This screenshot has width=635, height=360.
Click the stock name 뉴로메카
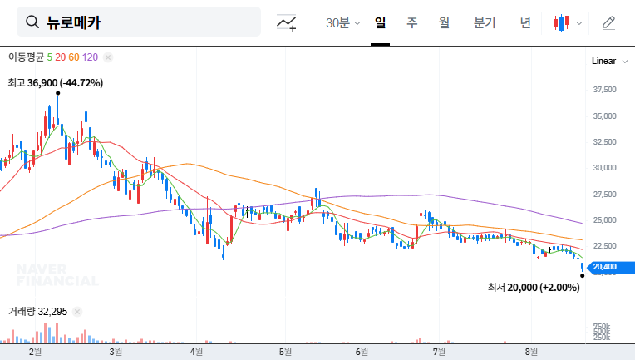74,22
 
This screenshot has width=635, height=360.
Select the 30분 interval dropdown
342,22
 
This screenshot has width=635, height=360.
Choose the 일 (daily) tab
380,22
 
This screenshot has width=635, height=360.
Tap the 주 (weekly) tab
411,22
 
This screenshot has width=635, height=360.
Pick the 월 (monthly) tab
444,22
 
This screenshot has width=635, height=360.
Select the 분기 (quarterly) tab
485,22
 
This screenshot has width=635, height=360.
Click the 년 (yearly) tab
525,22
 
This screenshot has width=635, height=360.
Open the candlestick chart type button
567,22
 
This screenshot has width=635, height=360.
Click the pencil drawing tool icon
608,22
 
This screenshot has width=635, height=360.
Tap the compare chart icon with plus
288,22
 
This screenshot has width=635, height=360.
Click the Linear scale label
603,62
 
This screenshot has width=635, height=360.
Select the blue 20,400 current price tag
608,267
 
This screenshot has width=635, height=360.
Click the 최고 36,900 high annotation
55,83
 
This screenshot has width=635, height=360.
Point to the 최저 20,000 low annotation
534,287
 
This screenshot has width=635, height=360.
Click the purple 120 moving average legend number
91,57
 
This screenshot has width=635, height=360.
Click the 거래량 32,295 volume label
38,311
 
